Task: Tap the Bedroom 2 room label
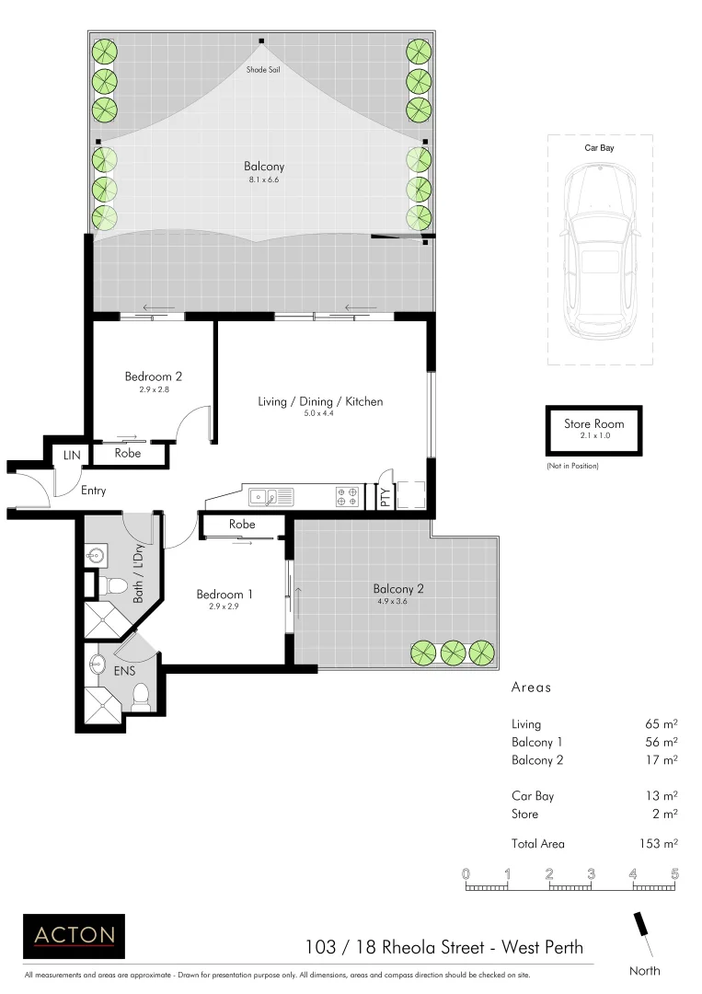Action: [x=154, y=376]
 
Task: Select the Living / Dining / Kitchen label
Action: [x=319, y=401]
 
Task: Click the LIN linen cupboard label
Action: [x=71, y=455]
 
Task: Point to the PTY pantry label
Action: [x=385, y=498]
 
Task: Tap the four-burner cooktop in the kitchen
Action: [x=348, y=497]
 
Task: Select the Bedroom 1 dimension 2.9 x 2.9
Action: [x=224, y=607]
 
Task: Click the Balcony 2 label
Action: [x=397, y=589]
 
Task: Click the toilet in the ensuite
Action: [x=141, y=697]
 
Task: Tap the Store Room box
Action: [x=593, y=430]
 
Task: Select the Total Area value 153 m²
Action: [x=660, y=843]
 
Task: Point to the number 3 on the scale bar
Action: [x=591, y=873]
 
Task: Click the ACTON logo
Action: [x=74, y=936]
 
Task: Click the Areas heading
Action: [x=530, y=688]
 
